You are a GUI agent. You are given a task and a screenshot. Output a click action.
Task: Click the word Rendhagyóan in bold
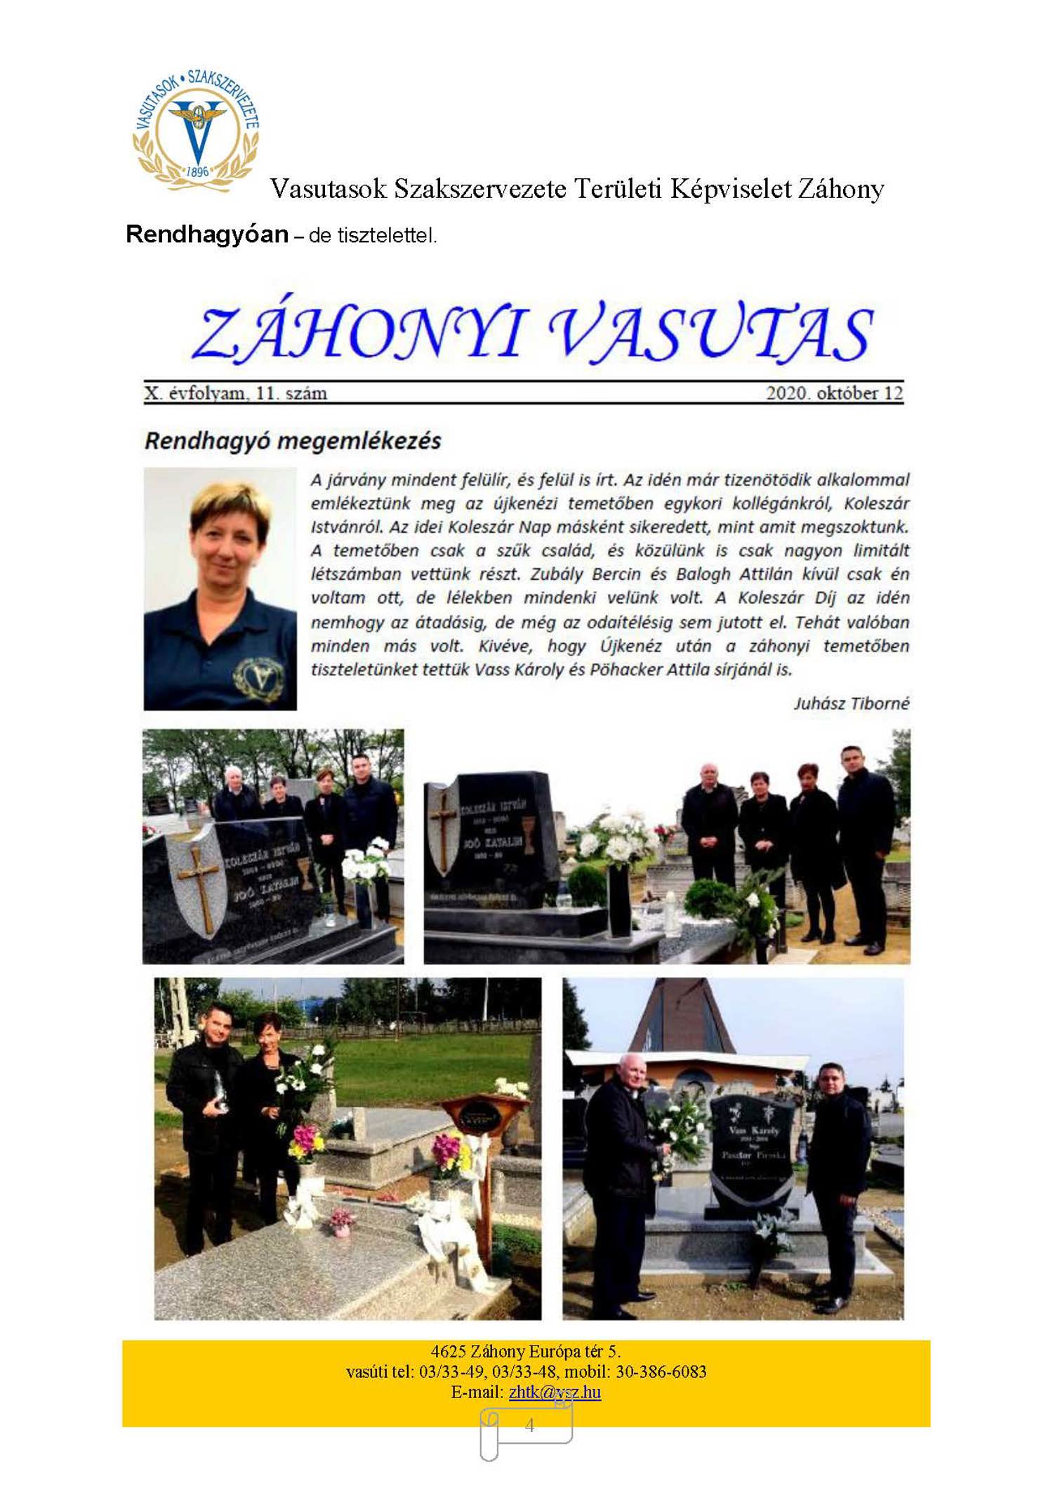(206, 234)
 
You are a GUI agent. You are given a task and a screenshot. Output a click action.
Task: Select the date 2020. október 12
(834, 393)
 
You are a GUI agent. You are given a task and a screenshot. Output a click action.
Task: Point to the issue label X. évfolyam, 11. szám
(236, 393)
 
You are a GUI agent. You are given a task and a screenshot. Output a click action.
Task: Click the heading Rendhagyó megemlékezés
(293, 441)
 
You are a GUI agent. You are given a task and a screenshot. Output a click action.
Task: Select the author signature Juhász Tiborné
(851, 703)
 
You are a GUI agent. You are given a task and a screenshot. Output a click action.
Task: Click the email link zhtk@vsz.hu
(555, 1392)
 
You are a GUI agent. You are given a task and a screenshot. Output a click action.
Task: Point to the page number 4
(529, 1425)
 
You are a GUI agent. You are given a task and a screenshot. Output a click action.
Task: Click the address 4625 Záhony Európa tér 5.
(526, 1351)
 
